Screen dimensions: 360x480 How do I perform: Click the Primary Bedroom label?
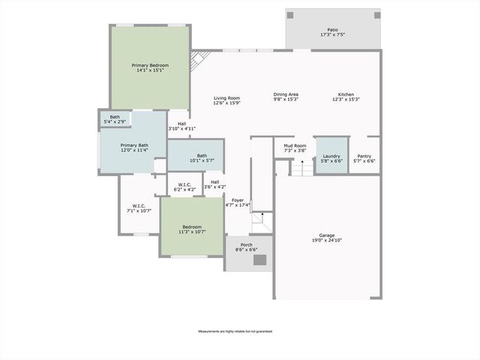(x=150, y=65)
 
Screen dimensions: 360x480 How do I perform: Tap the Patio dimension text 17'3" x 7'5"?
(x=333, y=34)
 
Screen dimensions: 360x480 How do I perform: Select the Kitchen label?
(x=346, y=94)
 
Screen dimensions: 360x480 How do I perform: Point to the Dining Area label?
(x=286, y=94)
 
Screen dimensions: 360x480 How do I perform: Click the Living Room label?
(x=226, y=98)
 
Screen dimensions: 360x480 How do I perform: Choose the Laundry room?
(x=331, y=156)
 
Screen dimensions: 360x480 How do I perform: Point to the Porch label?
(x=246, y=244)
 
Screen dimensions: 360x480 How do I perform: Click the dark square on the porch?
(x=259, y=260)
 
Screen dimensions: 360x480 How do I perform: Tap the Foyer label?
(x=238, y=200)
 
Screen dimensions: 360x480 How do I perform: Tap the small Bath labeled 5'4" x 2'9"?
(x=115, y=118)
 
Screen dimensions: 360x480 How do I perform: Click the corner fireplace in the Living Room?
(x=198, y=59)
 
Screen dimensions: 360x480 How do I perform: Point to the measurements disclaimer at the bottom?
(x=235, y=331)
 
